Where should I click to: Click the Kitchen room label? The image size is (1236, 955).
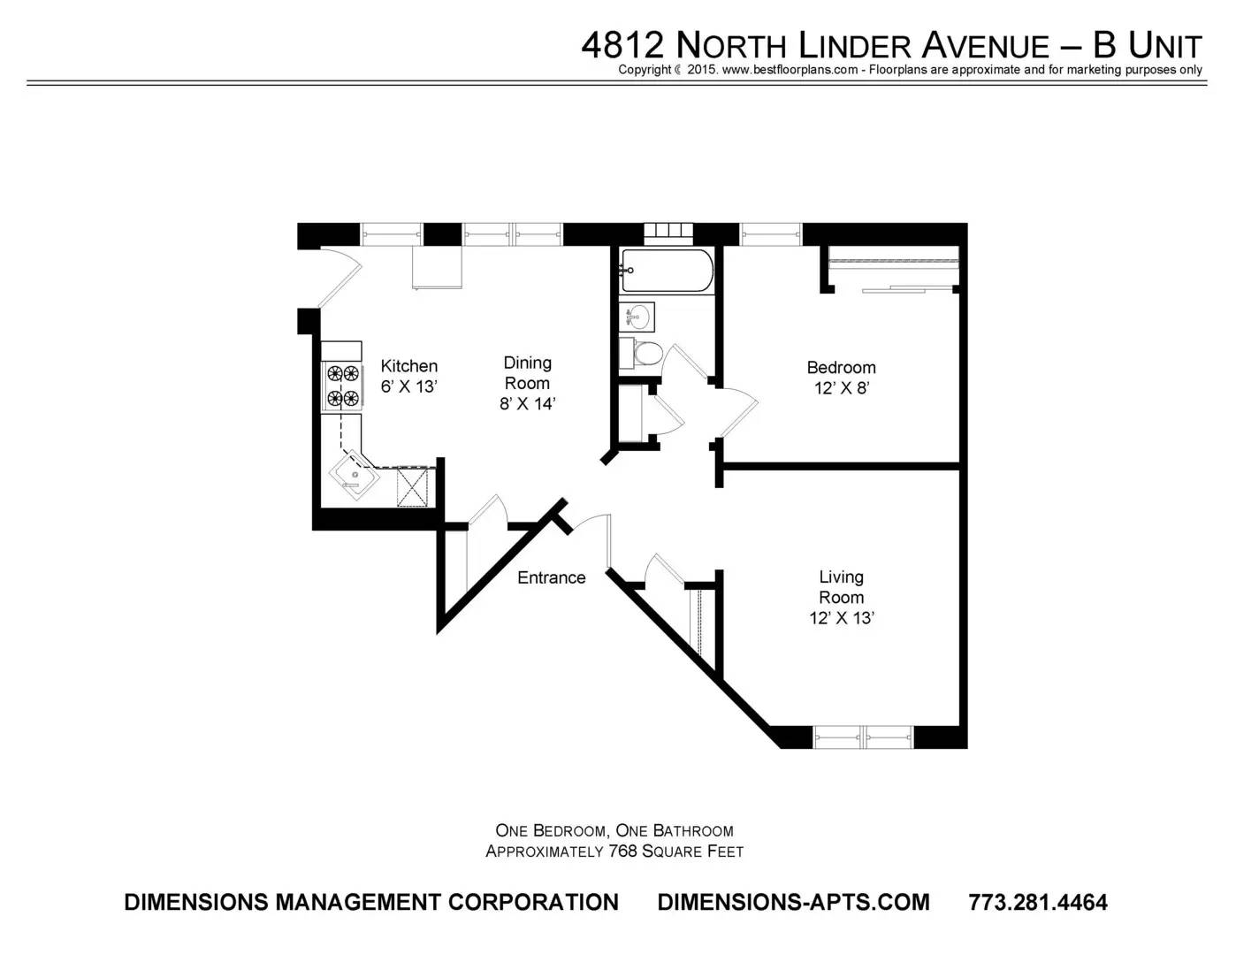pos(408,366)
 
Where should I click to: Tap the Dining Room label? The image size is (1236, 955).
pos(527,372)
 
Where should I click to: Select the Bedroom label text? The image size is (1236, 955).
pos(841,368)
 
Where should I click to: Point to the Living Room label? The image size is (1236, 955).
pos(841,587)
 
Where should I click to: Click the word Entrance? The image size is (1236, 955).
pos(551,578)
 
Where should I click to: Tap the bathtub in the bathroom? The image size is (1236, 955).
pos(666,271)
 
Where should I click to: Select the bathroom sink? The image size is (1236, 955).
pos(637,317)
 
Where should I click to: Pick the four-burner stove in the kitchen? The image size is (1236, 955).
pos(343,386)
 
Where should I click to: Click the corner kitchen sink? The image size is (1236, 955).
pos(354,476)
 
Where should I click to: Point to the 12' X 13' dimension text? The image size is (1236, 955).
pos(842,618)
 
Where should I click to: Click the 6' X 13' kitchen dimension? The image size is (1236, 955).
pos(408,386)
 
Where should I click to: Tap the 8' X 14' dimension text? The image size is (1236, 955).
pos(527,404)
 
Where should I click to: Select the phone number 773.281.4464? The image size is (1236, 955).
pos(1037,902)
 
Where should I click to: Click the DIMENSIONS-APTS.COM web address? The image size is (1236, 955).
pos(793,902)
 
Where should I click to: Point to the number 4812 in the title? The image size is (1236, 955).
pos(622,45)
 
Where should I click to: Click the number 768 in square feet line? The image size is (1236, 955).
pos(622,852)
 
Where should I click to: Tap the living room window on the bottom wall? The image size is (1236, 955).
pos(864,737)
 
